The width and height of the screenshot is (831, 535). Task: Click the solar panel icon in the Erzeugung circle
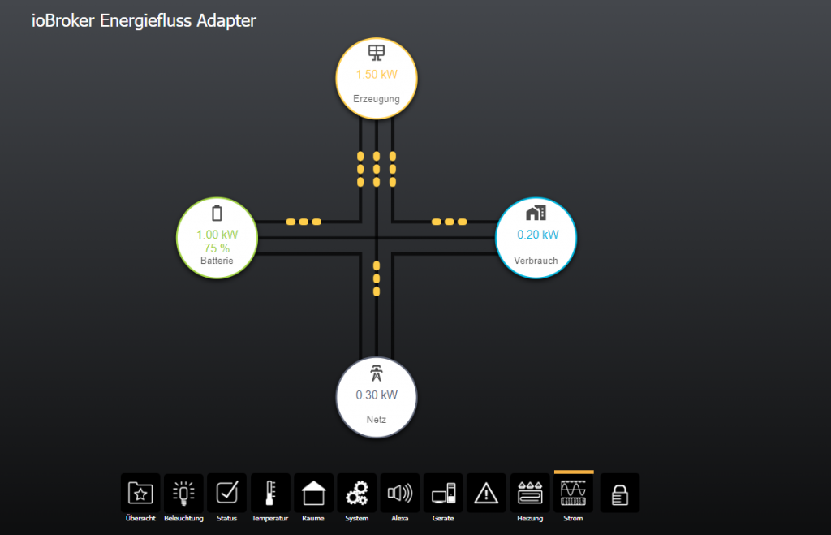tap(377, 54)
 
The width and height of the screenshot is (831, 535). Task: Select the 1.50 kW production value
tap(377, 75)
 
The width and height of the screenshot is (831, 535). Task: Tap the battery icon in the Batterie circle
tap(217, 214)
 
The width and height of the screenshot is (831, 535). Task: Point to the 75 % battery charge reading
tap(217, 248)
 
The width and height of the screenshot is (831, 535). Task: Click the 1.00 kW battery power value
tap(217, 235)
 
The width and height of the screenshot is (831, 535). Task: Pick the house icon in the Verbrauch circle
tap(536, 213)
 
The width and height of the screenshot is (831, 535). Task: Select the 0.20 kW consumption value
tap(538, 235)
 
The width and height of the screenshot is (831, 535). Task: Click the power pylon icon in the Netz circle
tap(377, 374)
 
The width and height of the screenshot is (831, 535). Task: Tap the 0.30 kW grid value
tap(377, 395)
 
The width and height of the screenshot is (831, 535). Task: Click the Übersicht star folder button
tap(140, 493)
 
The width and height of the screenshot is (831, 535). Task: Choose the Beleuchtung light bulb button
tap(184, 493)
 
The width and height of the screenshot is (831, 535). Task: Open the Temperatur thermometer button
tap(270, 493)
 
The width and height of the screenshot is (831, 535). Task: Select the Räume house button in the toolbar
tap(313, 493)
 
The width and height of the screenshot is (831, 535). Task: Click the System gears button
tap(356, 493)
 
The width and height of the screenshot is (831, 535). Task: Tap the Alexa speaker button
tap(400, 493)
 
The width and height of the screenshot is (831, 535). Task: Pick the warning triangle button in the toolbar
tap(486, 493)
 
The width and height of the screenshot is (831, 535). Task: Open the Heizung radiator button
tap(529, 493)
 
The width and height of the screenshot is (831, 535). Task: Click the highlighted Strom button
tap(573, 493)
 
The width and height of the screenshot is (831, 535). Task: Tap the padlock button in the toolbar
tap(619, 493)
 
